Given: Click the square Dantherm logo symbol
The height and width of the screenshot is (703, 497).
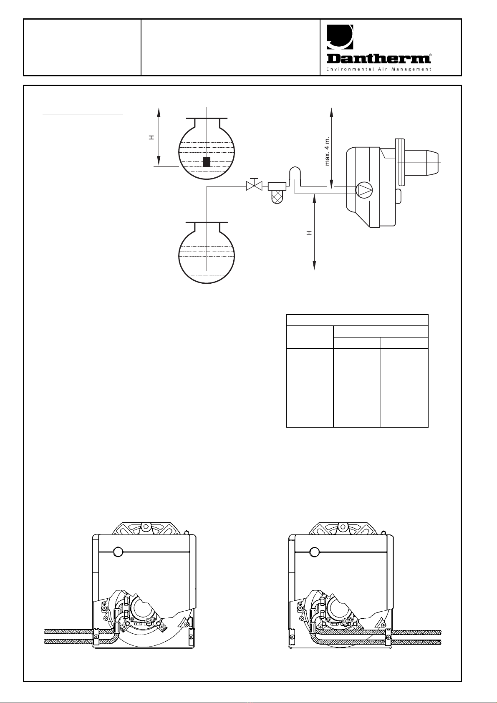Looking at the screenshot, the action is [x=340, y=37].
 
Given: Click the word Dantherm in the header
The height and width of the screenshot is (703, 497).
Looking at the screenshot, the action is [x=378, y=59].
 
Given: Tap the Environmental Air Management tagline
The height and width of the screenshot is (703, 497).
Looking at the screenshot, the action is [x=379, y=69].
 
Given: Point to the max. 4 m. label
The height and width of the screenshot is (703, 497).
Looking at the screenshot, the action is [x=328, y=151].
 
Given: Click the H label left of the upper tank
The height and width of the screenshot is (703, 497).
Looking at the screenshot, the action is [x=151, y=137].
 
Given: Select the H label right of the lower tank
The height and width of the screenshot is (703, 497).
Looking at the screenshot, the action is [x=309, y=232].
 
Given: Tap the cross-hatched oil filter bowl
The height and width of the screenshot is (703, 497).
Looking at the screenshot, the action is [x=277, y=197].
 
